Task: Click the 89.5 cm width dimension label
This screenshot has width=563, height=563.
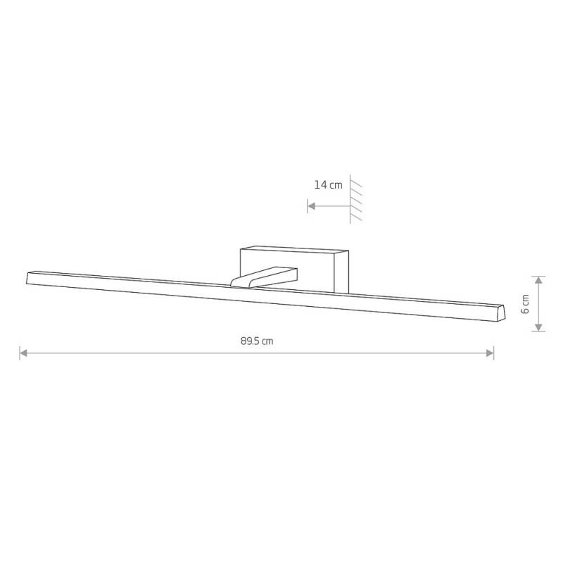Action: [x=257, y=341]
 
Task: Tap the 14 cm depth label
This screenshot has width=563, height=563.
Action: [x=329, y=185]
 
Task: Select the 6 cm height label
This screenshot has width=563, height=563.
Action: [x=525, y=304]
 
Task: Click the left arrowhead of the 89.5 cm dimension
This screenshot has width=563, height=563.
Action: [x=24, y=353]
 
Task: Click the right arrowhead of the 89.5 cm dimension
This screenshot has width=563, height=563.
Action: [x=490, y=353]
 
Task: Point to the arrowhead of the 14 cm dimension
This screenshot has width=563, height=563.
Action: [x=312, y=206]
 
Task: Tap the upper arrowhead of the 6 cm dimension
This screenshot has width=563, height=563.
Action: [x=538, y=280]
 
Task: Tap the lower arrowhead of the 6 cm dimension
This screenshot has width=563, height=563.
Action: [x=538, y=327]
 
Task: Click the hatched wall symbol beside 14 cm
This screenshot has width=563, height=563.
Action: [x=355, y=199]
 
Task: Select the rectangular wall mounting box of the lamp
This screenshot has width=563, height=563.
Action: [x=294, y=269]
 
